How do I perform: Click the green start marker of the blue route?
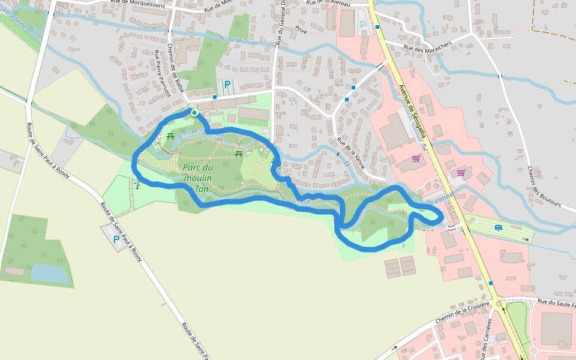coord(194,112)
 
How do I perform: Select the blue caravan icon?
coord(498,227)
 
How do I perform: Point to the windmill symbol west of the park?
coord(137,184)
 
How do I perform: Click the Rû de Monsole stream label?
coord(238,41)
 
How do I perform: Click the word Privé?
coord(301,28)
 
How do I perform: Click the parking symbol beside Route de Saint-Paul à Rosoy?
coord(116,239)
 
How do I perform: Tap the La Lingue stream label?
coord(297,200)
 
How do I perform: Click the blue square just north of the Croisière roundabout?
coord(491,283)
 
